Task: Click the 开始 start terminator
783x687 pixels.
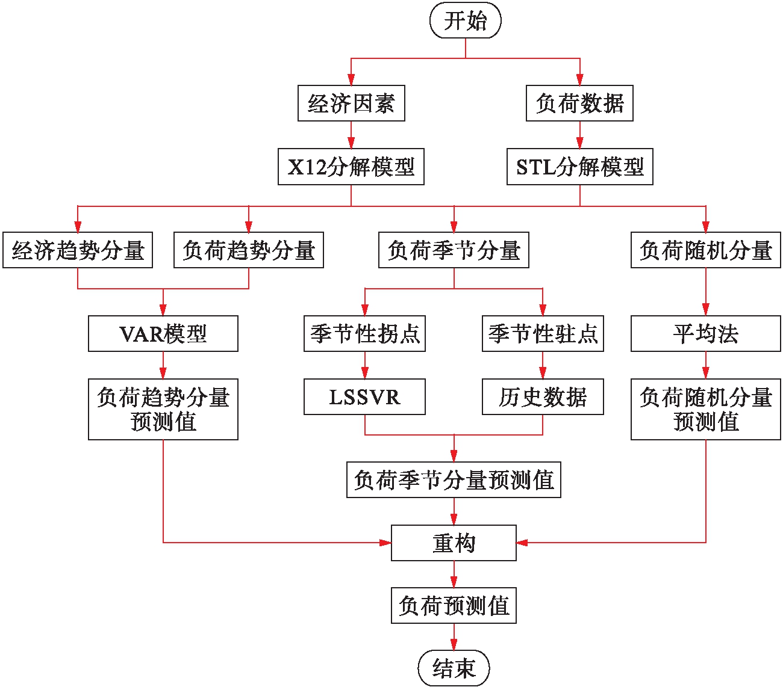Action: click(465, 21)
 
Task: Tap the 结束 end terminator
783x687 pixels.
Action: click(454, 668)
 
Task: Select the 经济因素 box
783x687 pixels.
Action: click(351, 103)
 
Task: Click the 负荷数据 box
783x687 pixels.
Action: click(579, 103)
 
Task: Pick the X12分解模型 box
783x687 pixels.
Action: click(351, 167)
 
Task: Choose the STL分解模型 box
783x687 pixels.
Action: click(579, 167)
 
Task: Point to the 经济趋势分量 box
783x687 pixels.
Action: click(78, 250)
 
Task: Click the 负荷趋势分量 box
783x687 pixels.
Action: click(249, 250)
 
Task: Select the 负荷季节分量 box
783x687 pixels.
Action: click(454, 250)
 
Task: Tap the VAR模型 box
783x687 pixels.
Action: click(163, 334)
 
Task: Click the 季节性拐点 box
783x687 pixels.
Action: click(364, 334)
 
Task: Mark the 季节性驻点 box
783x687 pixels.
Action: click(543, 334)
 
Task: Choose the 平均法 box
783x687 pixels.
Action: click(706, 334)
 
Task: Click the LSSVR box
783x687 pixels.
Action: click(364, 397)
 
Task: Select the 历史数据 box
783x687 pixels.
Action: click(543, 397)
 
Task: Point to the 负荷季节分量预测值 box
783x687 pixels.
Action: click(454, 480)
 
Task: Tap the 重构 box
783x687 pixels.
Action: click(454, 543)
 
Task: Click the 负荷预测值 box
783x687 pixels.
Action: click(454, 606)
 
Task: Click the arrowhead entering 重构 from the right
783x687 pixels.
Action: click(522, 543)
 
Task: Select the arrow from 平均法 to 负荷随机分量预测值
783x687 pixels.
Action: click(706, 365)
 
